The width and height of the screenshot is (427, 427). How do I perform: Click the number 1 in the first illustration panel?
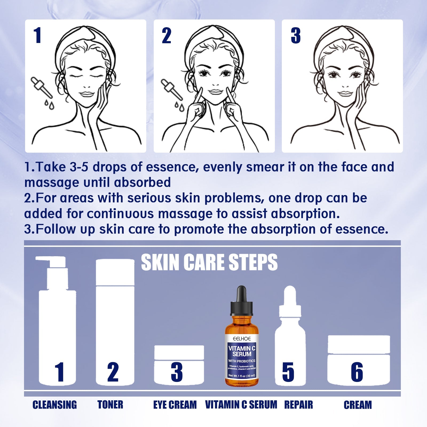point(38,35)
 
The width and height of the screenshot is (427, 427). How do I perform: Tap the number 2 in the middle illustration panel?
point(167,35)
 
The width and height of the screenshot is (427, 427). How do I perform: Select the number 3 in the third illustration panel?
point(296,35)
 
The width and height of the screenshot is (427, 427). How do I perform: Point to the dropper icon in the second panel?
point(171,89)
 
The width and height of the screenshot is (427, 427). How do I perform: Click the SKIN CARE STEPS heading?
point(209,263)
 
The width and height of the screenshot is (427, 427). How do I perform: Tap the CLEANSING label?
point(55,405)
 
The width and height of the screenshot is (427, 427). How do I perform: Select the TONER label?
point(110,405)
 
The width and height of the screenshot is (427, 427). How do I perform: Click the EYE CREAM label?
point(175,405)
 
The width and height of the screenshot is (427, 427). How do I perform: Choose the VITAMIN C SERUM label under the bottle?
point(241,405)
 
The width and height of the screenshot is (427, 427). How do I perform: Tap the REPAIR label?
point(298,405)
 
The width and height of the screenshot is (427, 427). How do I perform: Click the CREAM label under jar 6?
point(358,405)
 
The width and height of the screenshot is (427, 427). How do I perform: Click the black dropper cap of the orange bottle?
point(242,302)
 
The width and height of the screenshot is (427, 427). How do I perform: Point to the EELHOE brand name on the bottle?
point(242,339)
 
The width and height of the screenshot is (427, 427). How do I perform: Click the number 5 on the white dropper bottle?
point(288,372)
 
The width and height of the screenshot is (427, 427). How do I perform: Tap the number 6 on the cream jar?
point(357,372)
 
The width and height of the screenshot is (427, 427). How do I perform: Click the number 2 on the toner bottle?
point(113,372)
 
